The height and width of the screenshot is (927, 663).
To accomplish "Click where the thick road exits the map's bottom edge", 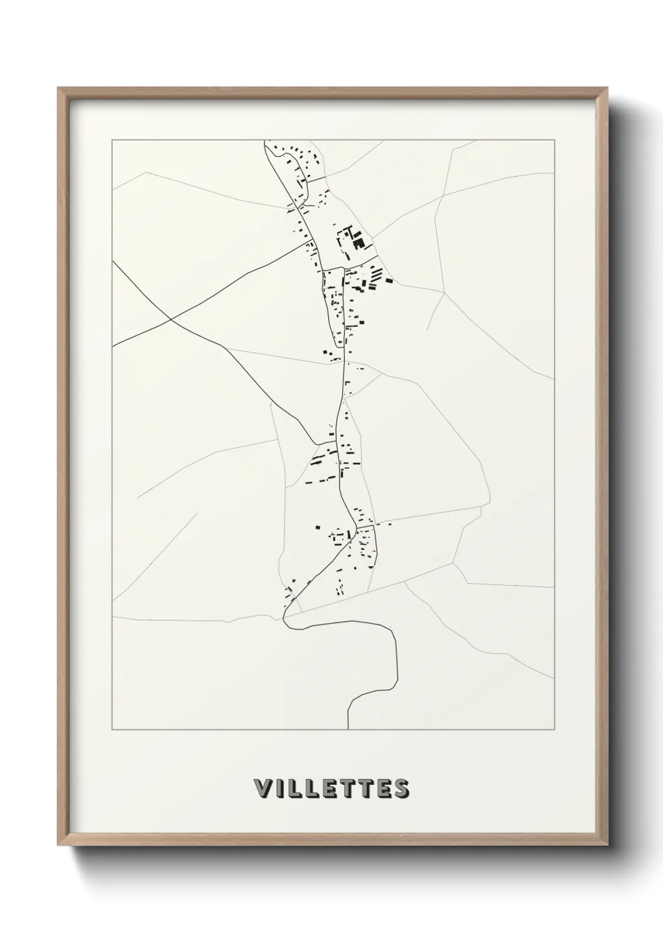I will pos(348,729).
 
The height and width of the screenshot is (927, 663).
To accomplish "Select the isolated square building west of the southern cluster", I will pos(318,527).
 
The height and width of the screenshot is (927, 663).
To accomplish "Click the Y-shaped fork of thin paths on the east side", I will pos(443,292).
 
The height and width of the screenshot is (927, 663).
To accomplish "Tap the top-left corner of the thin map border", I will pos(112,141).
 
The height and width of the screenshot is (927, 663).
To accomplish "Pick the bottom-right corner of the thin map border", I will pos(554,730).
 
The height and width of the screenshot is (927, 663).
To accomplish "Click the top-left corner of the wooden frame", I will pos(58,88).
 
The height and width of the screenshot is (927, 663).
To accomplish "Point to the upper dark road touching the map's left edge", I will pos(113,260).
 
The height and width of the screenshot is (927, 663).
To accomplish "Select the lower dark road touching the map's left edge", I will pos(113,346).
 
